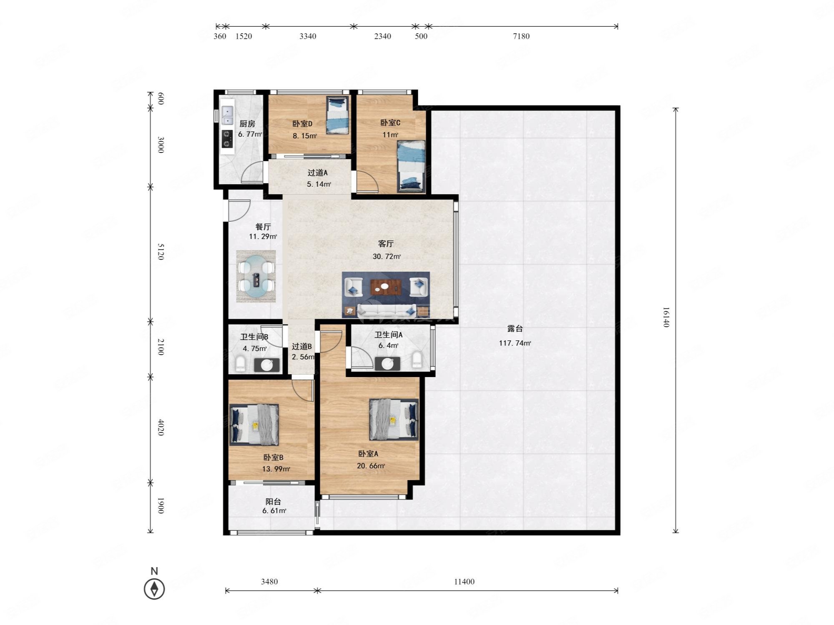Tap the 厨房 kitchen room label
click(247, 124)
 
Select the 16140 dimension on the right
click(666, 317)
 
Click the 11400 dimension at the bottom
click(464, 582)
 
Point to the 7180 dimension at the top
click(521, 36)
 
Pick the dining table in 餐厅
click(256, 276)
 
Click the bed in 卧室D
click(337, 115)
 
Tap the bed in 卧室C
click(411, 166)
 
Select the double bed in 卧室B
click(254, 425)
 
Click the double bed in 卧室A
click(394, 420)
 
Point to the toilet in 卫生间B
click(241, 364)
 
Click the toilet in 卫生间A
click(417, 360)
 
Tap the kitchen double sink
click(227, 115)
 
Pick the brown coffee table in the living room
click(386, 287)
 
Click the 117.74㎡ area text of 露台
click(515, 343)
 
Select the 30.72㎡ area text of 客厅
click(387, 257)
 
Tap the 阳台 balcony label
click(273, 502)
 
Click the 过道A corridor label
click(318, 173)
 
